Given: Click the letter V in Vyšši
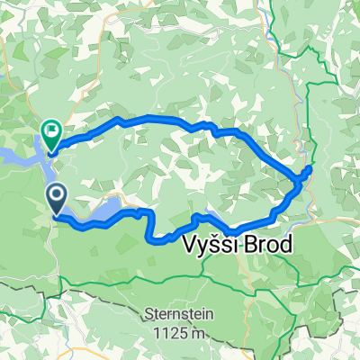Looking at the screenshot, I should [x=190, y=246].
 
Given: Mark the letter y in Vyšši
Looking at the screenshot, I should [x=203, y=247].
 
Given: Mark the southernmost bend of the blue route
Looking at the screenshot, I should [x=160, y=239].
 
